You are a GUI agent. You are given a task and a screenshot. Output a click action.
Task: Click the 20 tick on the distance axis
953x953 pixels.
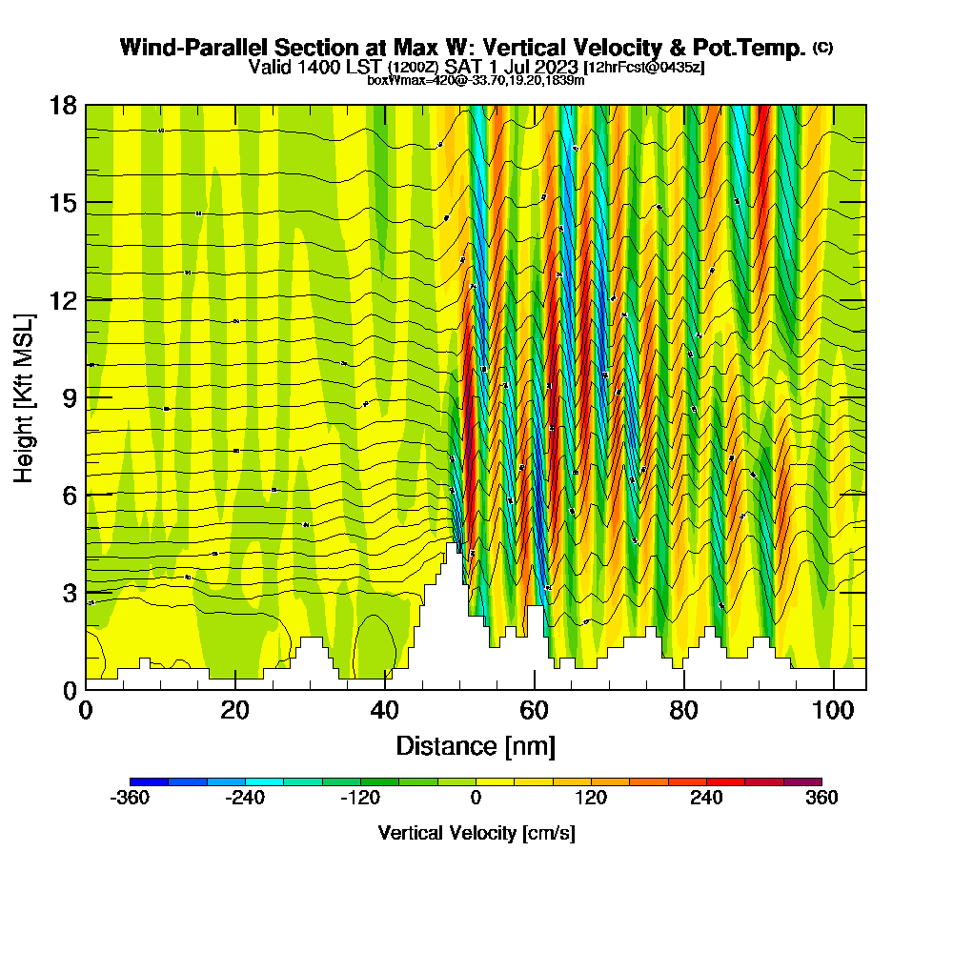click(234, 710)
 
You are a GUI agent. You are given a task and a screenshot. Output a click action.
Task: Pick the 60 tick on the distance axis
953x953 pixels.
click(535, 710)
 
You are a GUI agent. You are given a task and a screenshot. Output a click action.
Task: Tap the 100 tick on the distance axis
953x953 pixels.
click(834, 710)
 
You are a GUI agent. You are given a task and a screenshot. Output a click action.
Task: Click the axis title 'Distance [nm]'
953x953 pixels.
click(476, 745)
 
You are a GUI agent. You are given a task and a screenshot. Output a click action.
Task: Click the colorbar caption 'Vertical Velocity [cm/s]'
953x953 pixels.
click(476, 833)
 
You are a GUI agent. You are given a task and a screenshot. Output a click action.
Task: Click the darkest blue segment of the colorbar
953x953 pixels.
click(149, 781)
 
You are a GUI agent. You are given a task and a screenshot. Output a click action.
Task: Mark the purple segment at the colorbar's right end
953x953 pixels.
click(802, 781)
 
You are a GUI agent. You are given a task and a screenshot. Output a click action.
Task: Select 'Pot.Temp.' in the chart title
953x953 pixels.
click(759, 48)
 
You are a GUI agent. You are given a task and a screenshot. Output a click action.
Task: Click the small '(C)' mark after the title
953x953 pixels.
click(822, 48)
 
